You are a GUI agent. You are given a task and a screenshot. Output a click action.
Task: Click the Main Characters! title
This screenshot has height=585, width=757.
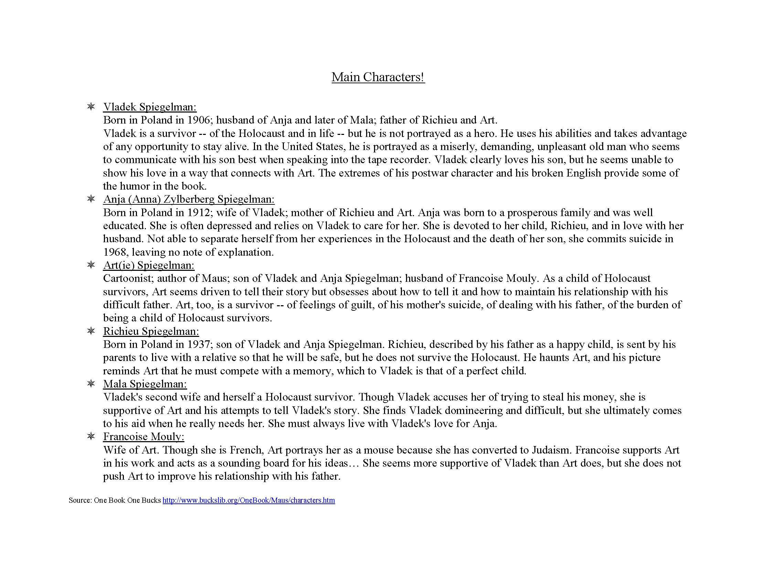point(378,77)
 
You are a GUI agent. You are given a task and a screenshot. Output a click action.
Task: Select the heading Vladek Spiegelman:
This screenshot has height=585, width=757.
point(150,107)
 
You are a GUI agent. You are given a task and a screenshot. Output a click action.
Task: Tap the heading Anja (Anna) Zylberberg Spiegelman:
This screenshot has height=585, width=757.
point(189,199)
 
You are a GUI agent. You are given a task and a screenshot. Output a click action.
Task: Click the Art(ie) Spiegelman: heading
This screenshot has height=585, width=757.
point(149,265)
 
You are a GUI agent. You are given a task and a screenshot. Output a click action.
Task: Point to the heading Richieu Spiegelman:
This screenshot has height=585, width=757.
point(151,331)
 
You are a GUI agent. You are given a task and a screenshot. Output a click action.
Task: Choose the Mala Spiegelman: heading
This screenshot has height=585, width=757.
point(145,384)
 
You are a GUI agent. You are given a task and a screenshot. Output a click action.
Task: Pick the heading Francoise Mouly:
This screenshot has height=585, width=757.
point(143,437)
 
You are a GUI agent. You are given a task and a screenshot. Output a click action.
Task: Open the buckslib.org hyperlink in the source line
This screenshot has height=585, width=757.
point(248,500)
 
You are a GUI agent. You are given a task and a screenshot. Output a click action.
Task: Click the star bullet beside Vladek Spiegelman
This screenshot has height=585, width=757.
point(91,107)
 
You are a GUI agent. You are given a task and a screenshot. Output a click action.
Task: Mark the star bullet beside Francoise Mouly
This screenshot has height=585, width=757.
point(91,436)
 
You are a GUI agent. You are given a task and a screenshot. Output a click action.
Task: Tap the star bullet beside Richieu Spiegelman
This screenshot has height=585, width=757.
point(91,331)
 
